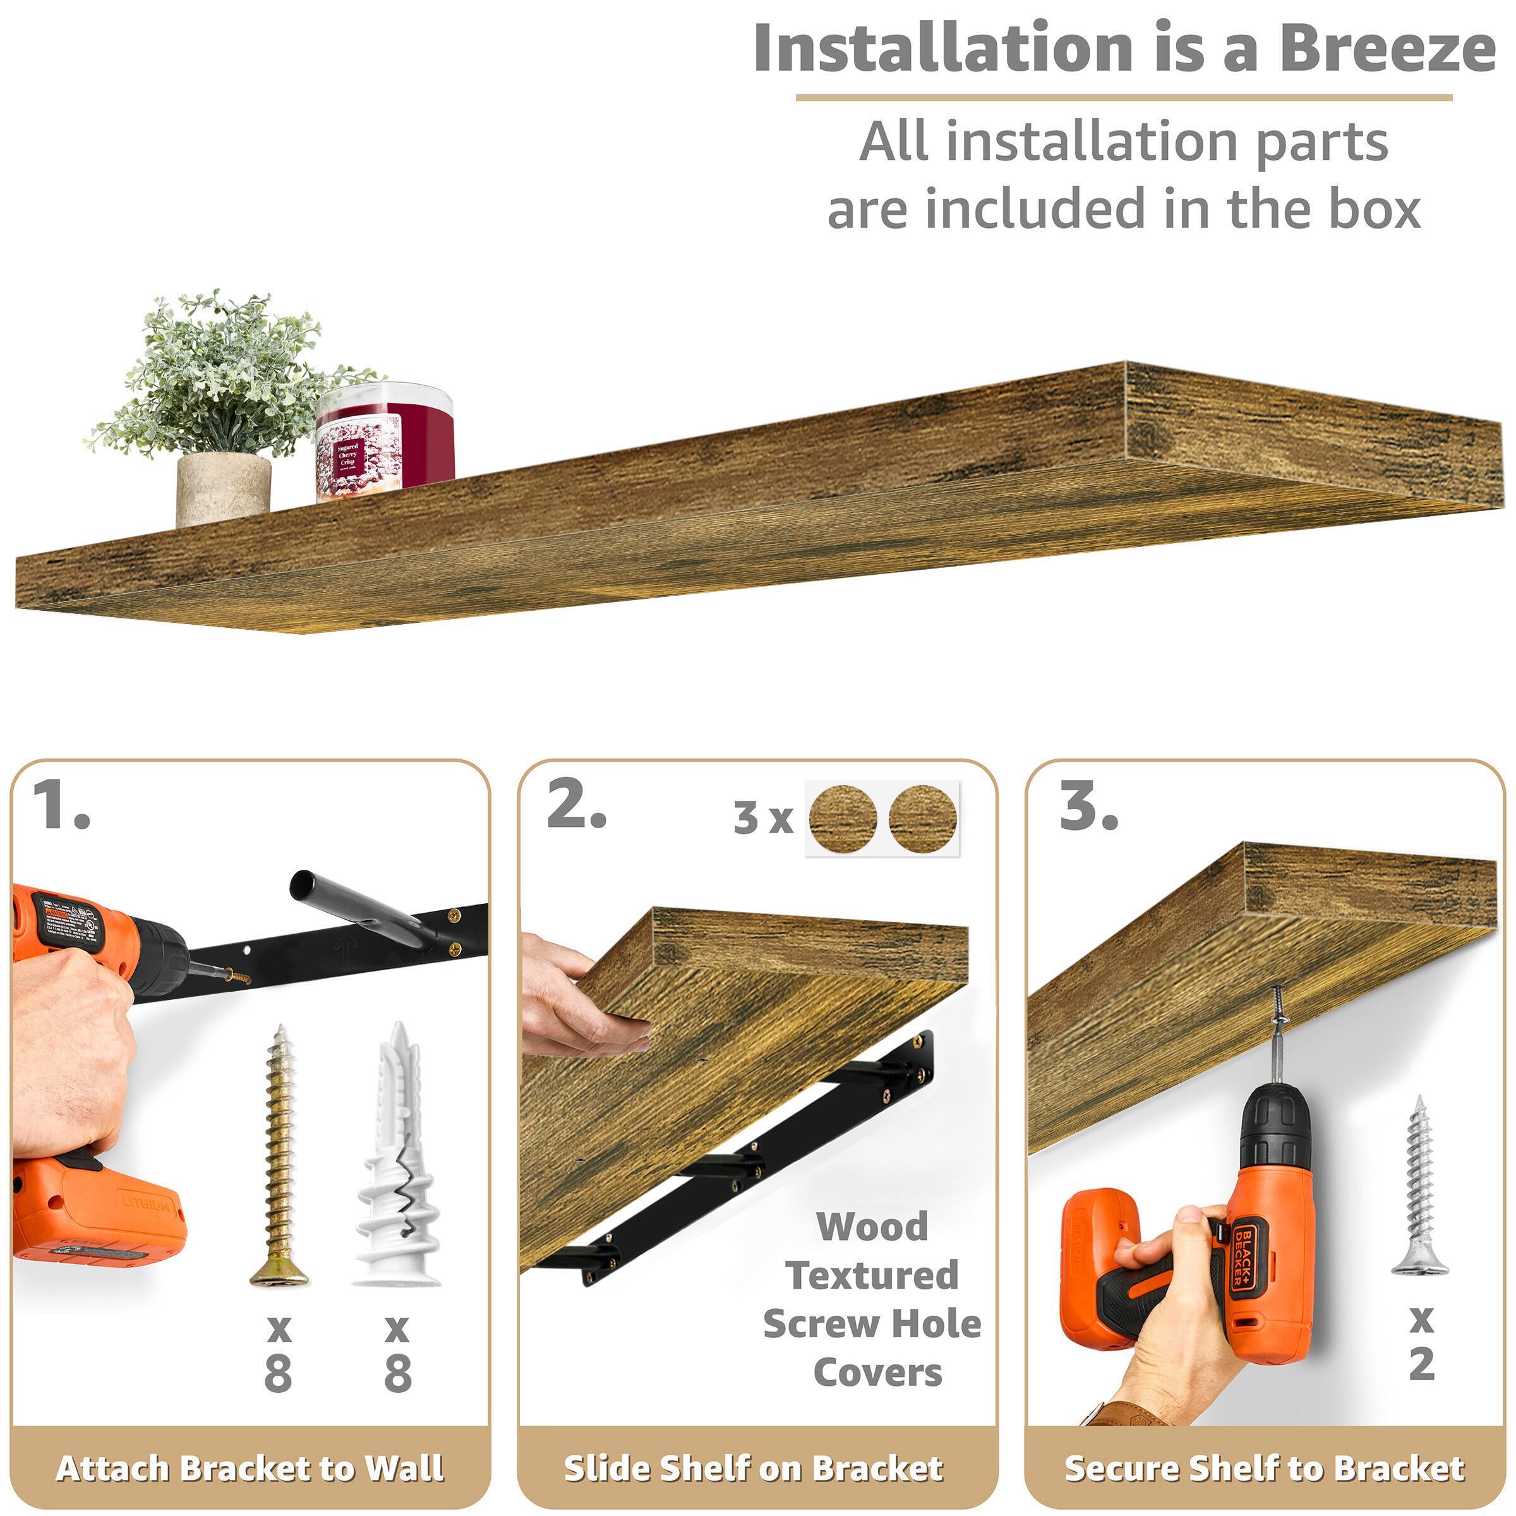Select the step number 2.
[576, 807]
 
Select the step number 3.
[1088, 807]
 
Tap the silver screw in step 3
[1419, 1185]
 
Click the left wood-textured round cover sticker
[842, 819]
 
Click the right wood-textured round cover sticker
[923, 819]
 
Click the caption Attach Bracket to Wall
[250, 1468]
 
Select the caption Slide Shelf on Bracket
[754, 1468]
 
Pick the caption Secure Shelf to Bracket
[1264, 1468]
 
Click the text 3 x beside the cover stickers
[762, 819]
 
